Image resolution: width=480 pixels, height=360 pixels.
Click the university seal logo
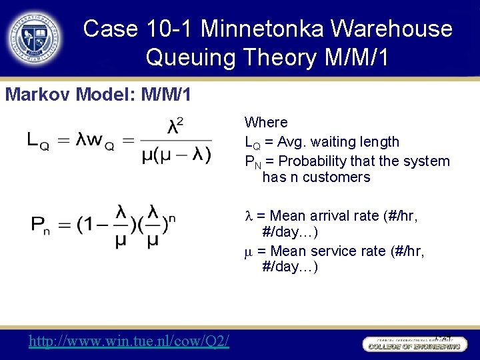point(34,36)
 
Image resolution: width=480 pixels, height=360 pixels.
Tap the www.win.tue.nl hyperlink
point(129,341)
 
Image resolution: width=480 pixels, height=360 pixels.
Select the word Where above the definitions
point(266,123)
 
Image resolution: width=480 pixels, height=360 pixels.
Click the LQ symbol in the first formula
point(37,140)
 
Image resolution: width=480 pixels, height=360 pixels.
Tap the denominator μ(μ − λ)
point(177,155)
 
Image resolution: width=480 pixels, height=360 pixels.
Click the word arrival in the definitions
point(355,216)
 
